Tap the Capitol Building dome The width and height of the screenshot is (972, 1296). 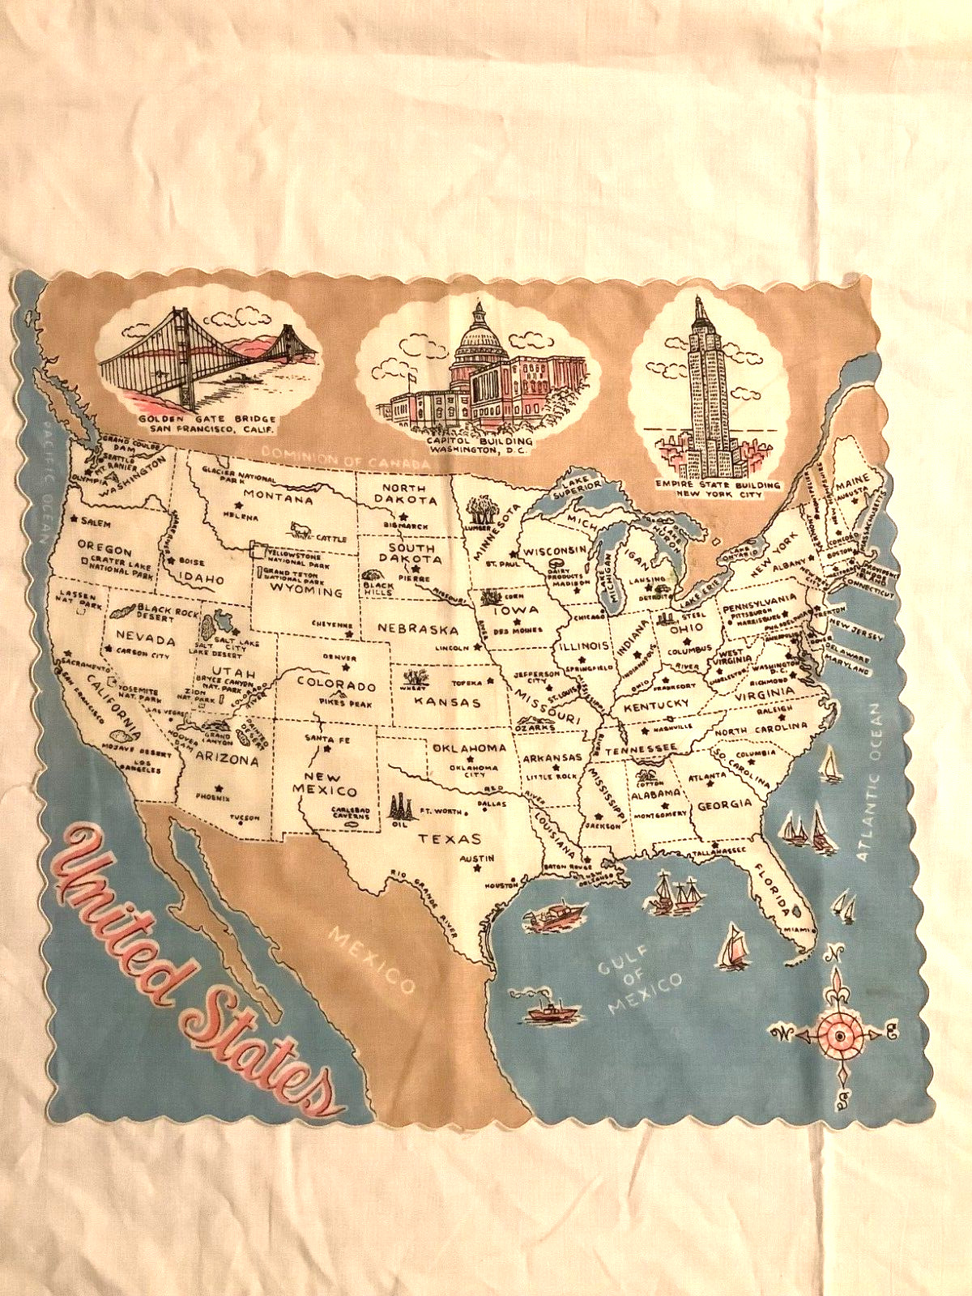point(479,340)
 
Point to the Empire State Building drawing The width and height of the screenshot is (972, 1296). point(701,389)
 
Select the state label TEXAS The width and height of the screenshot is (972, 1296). point(450,839)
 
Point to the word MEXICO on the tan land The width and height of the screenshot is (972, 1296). point(372,961)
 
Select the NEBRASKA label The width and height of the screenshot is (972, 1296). point(416,629)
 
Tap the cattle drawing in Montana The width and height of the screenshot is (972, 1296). point(301,530)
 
